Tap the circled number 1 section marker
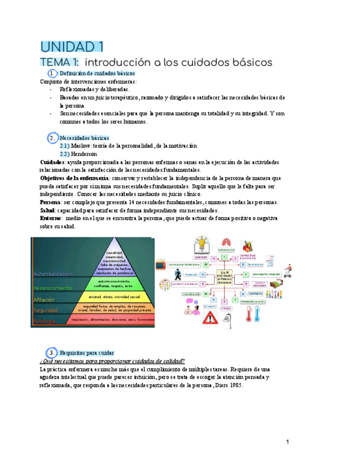pos(51,73)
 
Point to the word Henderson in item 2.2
pos(84,154)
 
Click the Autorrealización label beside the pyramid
pos(54,273)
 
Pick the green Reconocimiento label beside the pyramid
pos(53,287)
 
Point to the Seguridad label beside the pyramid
pos(46,310)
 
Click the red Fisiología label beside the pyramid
pos(44,321)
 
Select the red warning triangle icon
pos(210,318)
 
